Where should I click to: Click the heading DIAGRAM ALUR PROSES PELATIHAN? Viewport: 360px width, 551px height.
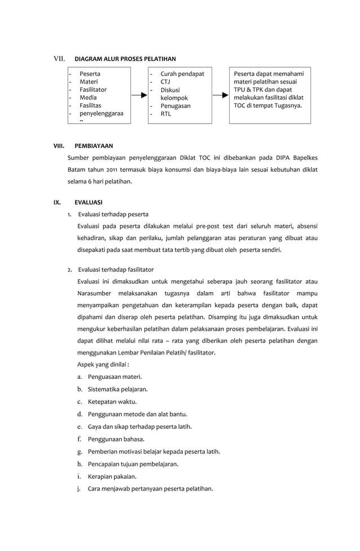125,59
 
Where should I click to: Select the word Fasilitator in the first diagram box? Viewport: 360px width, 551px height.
93,90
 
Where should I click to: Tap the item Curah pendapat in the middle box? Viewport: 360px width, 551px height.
182,74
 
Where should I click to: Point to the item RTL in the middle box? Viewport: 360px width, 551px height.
166,114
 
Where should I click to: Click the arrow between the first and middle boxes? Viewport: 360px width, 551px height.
139,97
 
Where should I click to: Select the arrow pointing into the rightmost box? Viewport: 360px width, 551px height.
220,97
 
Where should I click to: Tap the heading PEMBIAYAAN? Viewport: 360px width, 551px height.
94,145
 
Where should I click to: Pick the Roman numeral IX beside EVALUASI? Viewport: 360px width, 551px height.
57,202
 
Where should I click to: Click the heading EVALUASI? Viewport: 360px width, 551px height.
89,202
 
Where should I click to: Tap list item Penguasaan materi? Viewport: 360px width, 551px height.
115,377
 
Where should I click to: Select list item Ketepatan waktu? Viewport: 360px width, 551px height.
112,402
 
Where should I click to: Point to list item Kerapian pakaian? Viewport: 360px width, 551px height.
112,476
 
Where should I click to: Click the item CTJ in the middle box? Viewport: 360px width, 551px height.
165,82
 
